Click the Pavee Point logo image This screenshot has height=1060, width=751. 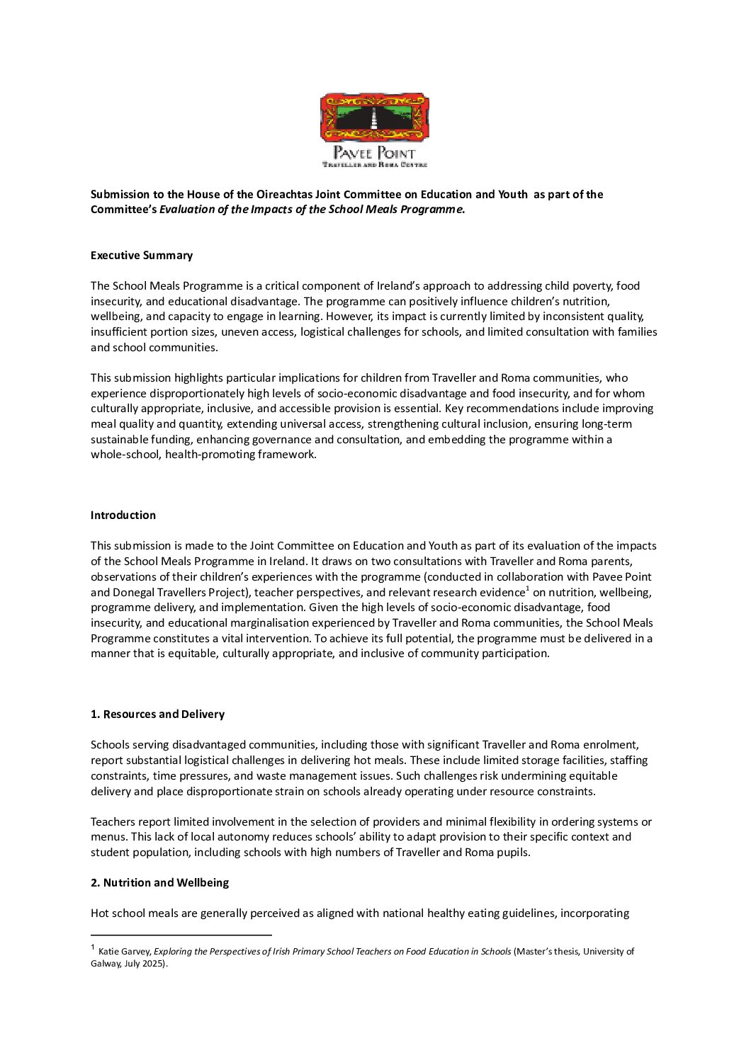click(374, 130)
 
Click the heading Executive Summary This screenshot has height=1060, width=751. click(142, 256)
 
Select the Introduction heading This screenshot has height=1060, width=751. click(123, 515)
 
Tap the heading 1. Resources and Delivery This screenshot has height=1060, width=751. click(157, 714)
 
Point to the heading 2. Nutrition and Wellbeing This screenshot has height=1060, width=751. click(159, 883)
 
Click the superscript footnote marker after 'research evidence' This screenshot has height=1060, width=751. click(527, 588)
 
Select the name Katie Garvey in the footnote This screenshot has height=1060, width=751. click(124, 952)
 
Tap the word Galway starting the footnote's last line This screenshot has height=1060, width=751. click(105, 964)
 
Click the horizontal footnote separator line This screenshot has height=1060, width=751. click(181, 935)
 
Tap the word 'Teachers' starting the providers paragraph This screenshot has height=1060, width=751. click(113, 822)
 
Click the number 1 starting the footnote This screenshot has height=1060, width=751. click(93, 947)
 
